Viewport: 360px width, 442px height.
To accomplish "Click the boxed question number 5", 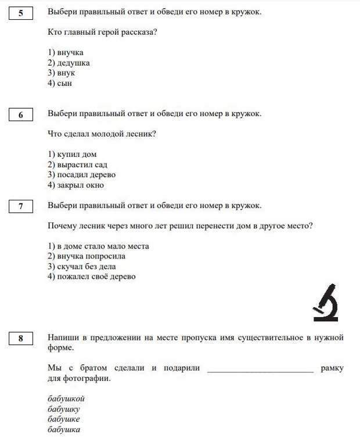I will (x=21, y=13).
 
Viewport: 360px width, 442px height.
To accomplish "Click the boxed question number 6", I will (x=21, y=114).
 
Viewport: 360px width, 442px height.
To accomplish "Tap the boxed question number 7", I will (x=21, y=206).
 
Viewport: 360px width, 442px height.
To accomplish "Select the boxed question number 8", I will (x=21, y=339).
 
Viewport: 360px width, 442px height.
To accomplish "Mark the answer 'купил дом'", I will (x=72, y=154).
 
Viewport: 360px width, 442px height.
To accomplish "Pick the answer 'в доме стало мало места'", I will (x=98, y=246).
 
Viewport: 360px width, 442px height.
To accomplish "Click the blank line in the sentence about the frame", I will (x=260, y=368).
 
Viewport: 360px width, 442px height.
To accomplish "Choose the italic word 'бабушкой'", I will (x=66, y=398).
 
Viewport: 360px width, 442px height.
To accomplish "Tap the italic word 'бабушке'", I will (x=64, y=419).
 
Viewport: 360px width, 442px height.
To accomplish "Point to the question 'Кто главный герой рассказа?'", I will (x=102, y=32).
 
